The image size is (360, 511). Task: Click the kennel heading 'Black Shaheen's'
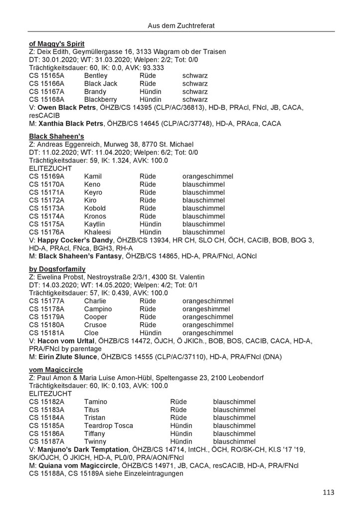click(57, 136)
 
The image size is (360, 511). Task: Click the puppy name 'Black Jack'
click(101, 83)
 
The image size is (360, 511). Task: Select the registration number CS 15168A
click(50, 99)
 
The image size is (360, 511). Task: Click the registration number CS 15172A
click(50, 200)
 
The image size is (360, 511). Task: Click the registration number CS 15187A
click(50, 442)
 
